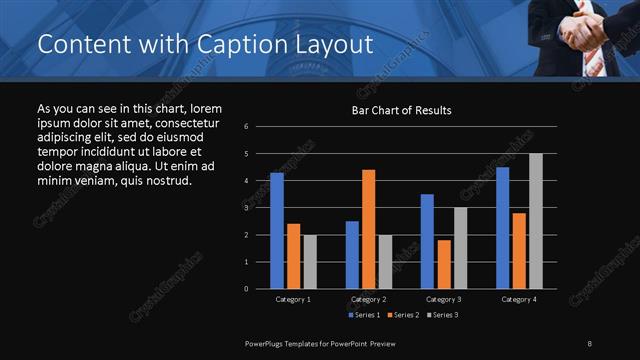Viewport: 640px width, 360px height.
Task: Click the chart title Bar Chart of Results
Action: click(401, 110)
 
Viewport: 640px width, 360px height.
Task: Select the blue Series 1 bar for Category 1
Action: click(277, 231)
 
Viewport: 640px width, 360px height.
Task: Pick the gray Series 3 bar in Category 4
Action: click(536, 221)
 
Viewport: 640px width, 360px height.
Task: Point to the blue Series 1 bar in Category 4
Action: click(503, 228)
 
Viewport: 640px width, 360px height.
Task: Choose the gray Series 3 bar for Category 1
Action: click(310, 262)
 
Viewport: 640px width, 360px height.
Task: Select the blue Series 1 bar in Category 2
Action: click(352, 255)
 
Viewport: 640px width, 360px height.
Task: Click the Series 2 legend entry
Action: click(403, 315)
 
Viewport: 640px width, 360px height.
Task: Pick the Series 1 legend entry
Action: click(364, 315)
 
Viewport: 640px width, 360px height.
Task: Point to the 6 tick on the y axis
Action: click(260, 127)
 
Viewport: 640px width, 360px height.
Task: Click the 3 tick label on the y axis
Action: click(260, 208)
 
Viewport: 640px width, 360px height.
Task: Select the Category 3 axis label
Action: click(444, 299)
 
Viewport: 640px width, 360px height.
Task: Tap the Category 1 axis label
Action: click(293, 299)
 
